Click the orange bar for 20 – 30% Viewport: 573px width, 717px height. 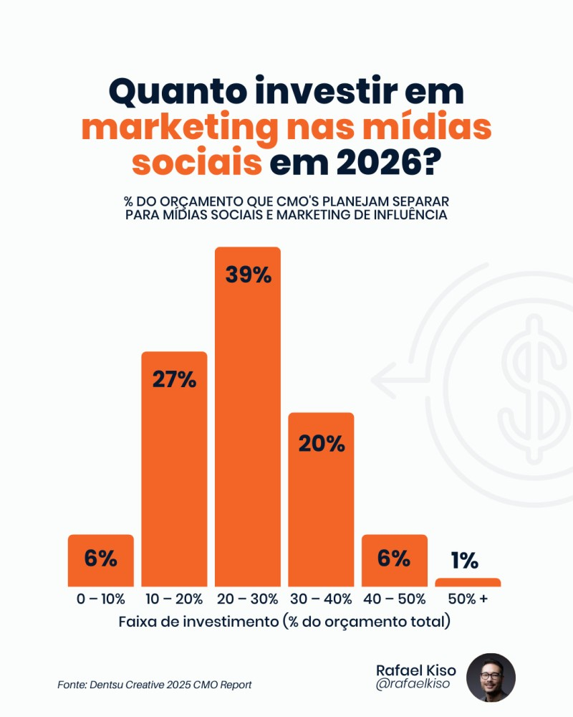click(x=248, y=430)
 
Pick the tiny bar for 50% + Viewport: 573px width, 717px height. click(x=468, y=582)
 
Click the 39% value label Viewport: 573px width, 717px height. click(x=248, y=275)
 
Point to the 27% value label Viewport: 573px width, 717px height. click(x=174, y=379)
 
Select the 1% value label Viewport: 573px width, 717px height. click(x=465, y=561)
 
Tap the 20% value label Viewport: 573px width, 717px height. click(x=321, y=444)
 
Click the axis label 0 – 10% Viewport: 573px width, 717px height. click(x=101, y=599)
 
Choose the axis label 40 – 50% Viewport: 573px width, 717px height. click(x=394, y=599)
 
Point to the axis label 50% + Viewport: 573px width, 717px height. click(x=468, y=599)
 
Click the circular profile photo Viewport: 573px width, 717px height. click(x=491, y=678)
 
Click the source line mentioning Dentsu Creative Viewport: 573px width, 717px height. click(x=154, y=685)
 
